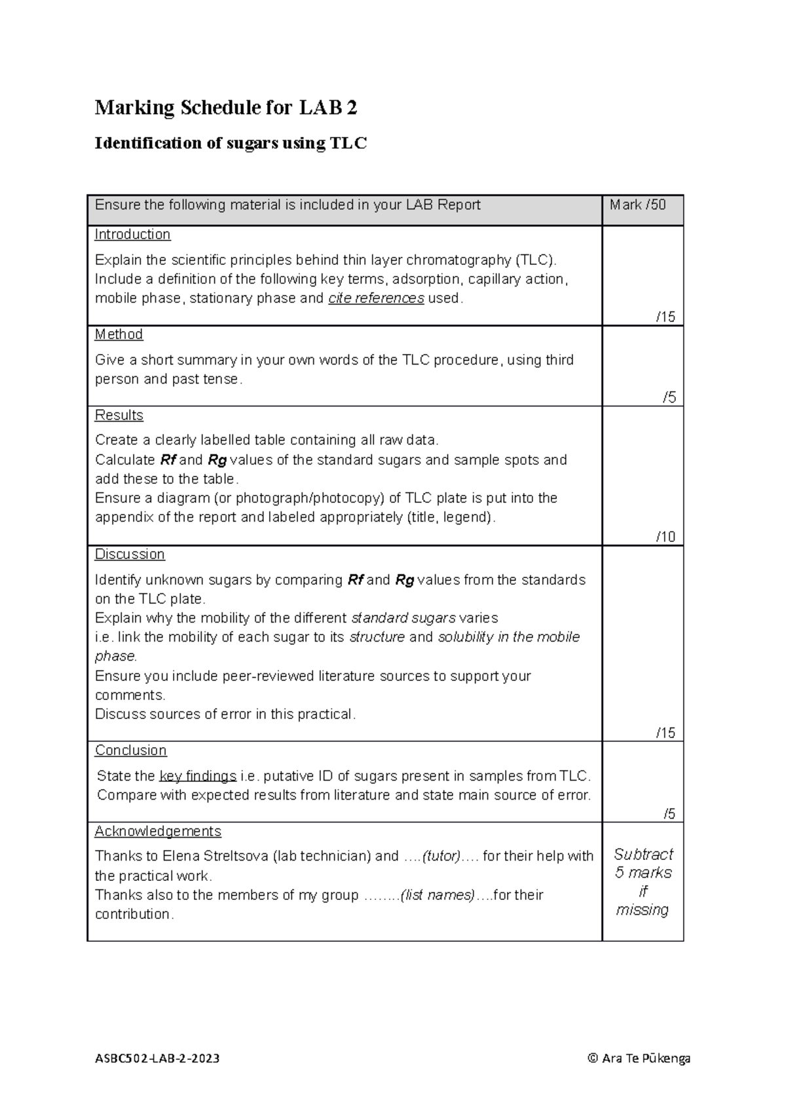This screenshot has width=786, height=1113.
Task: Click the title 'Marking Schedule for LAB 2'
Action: click(226, 107)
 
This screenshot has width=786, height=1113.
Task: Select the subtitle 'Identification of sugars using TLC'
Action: click(231, 143)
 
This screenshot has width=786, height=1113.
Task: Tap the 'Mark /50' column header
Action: click(637, 205)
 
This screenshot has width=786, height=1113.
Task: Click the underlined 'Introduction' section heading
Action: click(132, 235)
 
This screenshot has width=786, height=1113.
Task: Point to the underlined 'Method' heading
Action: click(119, 334)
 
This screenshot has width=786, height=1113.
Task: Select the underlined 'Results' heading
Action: click(119, 416)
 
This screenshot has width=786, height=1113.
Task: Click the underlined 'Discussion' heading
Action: click(130, 555)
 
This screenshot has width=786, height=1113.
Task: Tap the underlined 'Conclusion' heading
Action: click(130, 751)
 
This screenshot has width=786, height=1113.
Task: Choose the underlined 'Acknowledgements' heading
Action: click(158, 831)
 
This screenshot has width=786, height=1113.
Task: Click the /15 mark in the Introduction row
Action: click(665, 317)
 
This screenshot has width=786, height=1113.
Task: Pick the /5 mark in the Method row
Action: click(669, 398)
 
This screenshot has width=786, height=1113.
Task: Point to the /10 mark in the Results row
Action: click(665, 537)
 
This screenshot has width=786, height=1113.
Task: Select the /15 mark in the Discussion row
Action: click(665, 733)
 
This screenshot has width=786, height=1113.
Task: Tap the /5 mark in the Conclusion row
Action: click(669, 814)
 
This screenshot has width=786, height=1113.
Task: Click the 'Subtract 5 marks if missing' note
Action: click(643, 882)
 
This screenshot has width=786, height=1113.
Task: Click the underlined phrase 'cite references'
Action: click(376, 299)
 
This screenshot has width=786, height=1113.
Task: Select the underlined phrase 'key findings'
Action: click(198, 777)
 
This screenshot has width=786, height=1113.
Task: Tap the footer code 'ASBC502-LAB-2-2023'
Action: click(157, 1059)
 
